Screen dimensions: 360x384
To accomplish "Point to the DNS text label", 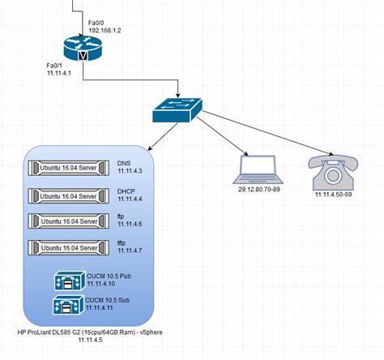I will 123,162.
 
